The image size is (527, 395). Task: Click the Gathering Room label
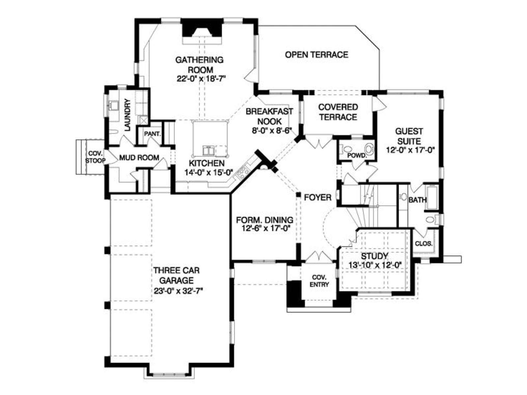tap(199, 65)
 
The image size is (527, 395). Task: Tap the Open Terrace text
tap(317, 55)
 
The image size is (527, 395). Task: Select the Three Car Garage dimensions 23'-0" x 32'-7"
tap(179, 291)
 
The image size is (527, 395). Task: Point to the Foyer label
tap(318, 197)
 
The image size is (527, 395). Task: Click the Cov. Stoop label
tap(95, 157)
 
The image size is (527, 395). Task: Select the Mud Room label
tap(139, 158)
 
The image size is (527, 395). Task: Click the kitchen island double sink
tap(208, 150)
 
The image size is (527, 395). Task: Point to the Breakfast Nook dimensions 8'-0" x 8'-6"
tap(271, 131)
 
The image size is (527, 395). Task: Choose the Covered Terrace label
tap(338, 112)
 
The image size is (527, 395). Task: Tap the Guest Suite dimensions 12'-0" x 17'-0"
tap(410, 150)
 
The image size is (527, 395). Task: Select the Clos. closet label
tap(424, 244)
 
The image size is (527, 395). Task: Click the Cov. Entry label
tap(319, 281)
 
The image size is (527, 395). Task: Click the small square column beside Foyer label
tap(298, 195)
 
